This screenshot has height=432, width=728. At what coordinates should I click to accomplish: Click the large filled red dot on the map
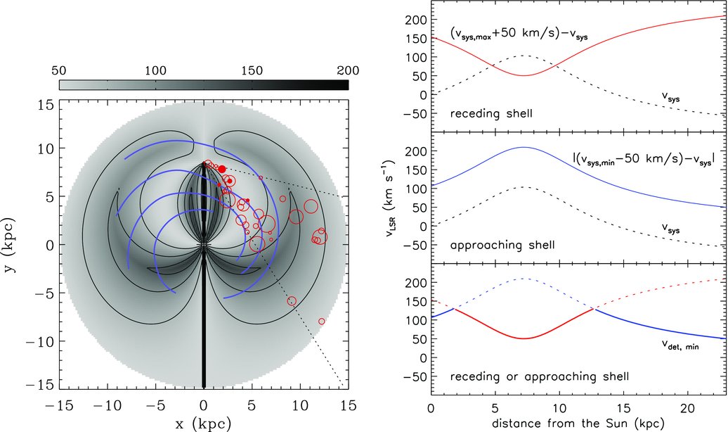(x=222, y=169)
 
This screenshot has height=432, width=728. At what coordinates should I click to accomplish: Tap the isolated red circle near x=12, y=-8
(x=322, y=321)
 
